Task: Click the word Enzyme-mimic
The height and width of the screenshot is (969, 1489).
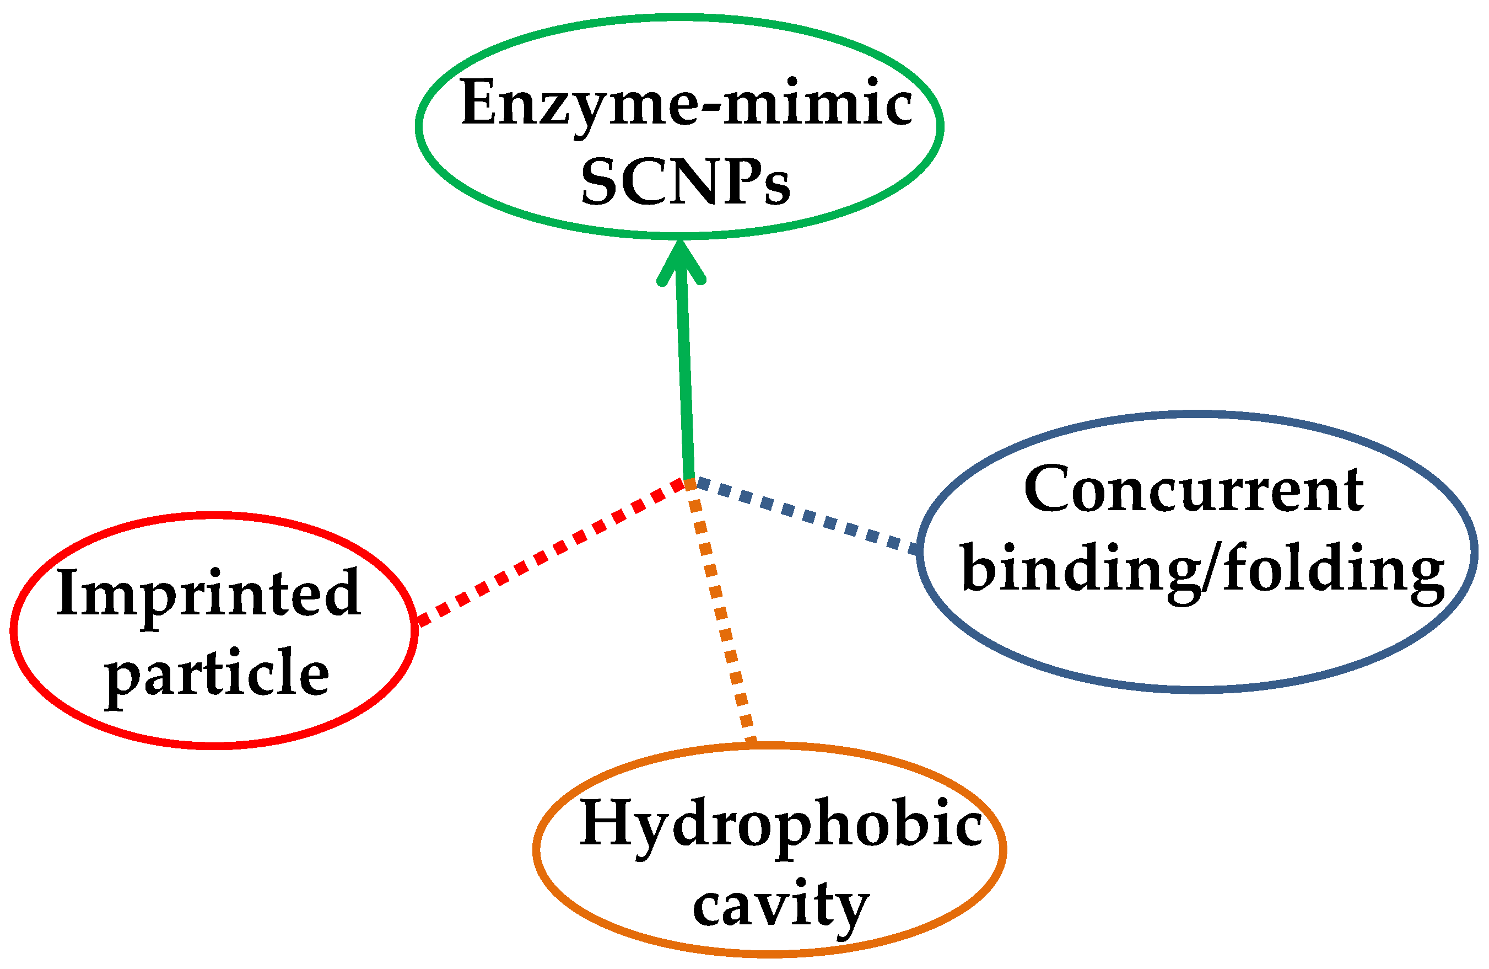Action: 686,103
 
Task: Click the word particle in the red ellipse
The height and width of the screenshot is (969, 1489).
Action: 217,673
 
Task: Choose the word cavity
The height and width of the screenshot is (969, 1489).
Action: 781,904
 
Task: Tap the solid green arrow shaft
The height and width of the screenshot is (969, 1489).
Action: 685,376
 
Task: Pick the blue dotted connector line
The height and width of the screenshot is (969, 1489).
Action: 807,515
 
